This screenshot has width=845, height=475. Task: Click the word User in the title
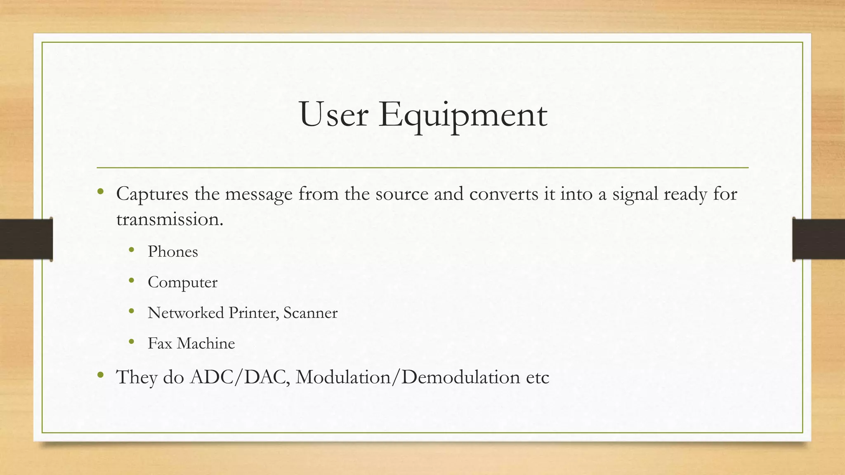pos(333,115)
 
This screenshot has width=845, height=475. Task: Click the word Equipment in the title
pos(463,115)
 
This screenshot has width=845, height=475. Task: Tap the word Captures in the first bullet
pos(152,194)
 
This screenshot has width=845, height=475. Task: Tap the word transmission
pos(170,219)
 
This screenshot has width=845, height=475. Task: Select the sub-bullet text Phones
pos(173,252)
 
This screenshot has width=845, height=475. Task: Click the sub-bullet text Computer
pos(182,282)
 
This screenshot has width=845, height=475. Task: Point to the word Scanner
pos(310,313)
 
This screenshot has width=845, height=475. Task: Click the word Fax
pos(160,343)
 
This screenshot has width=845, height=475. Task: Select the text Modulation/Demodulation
pos(408,377)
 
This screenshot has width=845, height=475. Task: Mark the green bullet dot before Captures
pos(100,191)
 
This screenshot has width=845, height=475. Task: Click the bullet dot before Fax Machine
pos(132,341)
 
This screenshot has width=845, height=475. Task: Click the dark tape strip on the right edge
pos(819,239)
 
